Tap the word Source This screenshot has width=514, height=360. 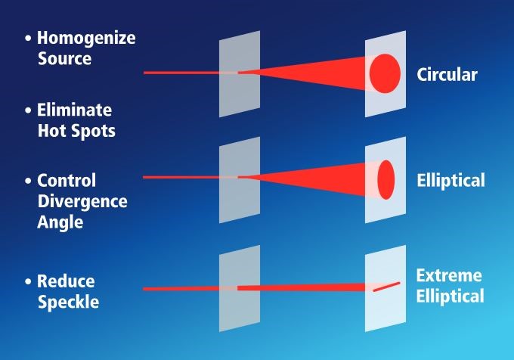coord(64,58)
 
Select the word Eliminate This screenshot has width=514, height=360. coord(74,110)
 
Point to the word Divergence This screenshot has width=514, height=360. coord(82,202)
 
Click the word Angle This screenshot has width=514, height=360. coord(60,223)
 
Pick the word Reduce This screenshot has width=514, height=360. coord(66,281)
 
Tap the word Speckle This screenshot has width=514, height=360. coord(68,303)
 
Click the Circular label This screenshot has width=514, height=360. coord(447,74)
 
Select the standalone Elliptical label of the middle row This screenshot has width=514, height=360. coord(451,181)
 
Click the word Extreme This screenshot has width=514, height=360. coord(449,275)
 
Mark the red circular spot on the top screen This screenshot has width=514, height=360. coord(385,73)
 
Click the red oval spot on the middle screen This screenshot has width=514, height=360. coord(385,180)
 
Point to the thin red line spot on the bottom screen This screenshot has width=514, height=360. coord(386,287)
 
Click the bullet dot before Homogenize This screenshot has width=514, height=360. coord(28,39)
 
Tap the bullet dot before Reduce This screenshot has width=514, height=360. coord(28,281)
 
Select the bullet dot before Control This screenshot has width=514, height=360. coord(28,181)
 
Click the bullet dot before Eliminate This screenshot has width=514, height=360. coord(28,110)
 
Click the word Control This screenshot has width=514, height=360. coord(67,181)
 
